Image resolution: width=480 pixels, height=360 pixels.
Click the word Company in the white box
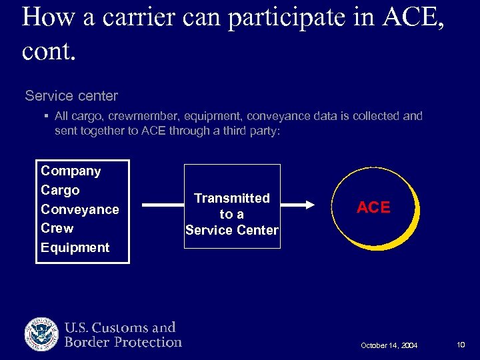71,171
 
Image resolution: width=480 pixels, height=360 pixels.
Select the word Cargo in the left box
60,191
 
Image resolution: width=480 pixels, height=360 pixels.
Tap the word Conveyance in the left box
79,210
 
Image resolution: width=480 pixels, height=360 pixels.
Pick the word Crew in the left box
57,229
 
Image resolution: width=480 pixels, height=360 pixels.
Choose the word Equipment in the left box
75,248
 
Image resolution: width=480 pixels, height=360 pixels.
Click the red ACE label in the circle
373,208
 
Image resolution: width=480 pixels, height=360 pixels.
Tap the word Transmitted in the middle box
232,198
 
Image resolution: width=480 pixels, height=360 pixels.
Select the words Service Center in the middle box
232,231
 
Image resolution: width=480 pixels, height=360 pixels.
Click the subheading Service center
71,96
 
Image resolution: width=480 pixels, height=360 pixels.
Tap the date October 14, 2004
389,345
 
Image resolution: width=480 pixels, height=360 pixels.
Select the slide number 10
461,345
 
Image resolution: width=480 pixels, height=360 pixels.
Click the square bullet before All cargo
47,117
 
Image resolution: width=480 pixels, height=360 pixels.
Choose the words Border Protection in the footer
123,343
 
